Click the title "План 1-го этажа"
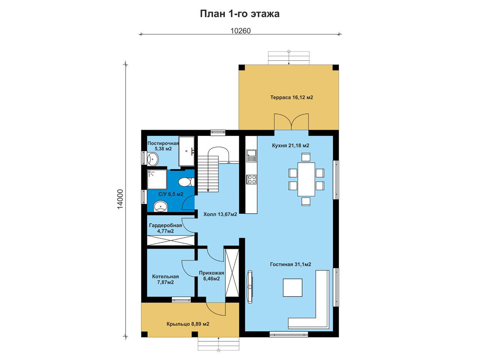tap(240, 14)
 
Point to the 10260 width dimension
tap(240, 31)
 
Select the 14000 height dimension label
tap(120, 199)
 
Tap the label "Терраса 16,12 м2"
tap(291, 97)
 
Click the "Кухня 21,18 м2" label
tap(290, 145)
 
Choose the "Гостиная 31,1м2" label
tap(290, 264)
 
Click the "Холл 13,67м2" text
tap(220, 214)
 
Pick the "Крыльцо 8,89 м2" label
tap(188, 324)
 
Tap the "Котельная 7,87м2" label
tap(165, 279)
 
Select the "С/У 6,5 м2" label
tap(171, 194)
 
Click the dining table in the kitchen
tap(306, 179)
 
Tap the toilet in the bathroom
tap(186, 182)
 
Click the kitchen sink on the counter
tap(251, 156)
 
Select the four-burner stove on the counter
tap(251, 179)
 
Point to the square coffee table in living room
tap(292, 288)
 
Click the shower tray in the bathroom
tap(157, 180)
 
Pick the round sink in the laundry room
tap(153, 159)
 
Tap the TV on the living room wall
tap(250, 287)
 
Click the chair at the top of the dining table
tap(306, 157)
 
